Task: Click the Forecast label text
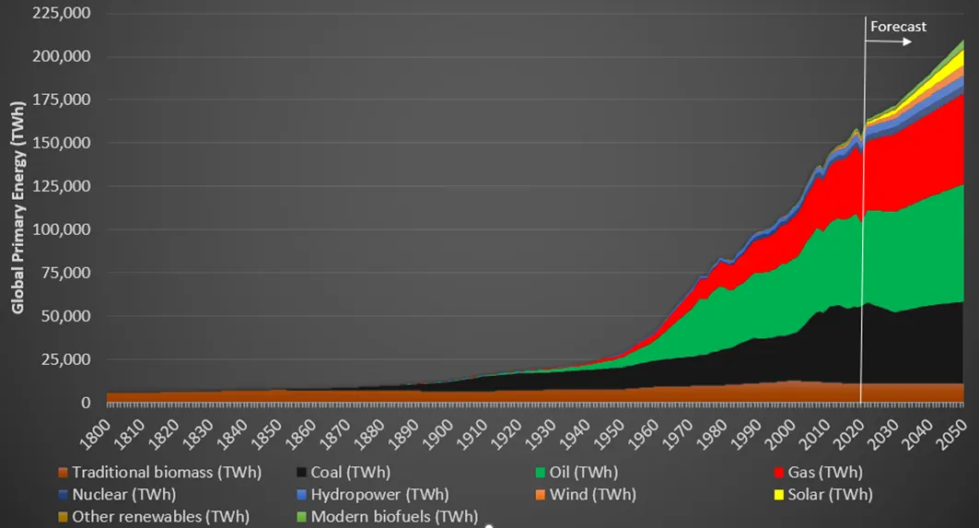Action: pyautogui.click(x=898, y=27)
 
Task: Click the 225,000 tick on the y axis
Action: pyautogui.click(x=62, y=13)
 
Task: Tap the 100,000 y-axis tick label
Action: pyautogui.click(x=62, y=229)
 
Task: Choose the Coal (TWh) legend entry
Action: pyautogui.click(x=350, y=473)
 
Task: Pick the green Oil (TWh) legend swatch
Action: pyautogui.click(x=541, y=473)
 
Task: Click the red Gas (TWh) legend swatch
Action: pyautogui.click(x=781, y=473)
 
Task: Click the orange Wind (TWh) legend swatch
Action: pyautogui.click(x=541, y=495)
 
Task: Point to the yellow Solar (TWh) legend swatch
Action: pyautogui.click(x=781, y=495)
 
